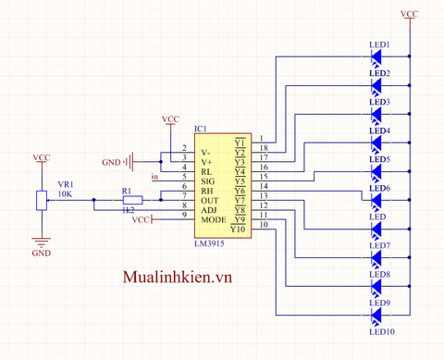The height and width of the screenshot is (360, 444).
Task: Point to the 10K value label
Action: click(65, 194)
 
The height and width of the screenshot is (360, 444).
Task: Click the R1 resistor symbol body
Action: click(133, 200)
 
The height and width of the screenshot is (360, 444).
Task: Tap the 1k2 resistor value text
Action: click(129, 212)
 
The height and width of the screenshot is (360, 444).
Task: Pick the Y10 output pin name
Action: click(238, 229)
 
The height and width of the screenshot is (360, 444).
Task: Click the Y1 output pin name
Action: click(239, 142)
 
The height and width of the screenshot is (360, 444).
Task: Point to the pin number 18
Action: click(264, 148)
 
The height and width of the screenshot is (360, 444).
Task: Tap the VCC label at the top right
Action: click(410, 14)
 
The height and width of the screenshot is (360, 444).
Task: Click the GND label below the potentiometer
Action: click(42, 252)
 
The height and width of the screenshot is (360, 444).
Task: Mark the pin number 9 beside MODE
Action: click(185, 215)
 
